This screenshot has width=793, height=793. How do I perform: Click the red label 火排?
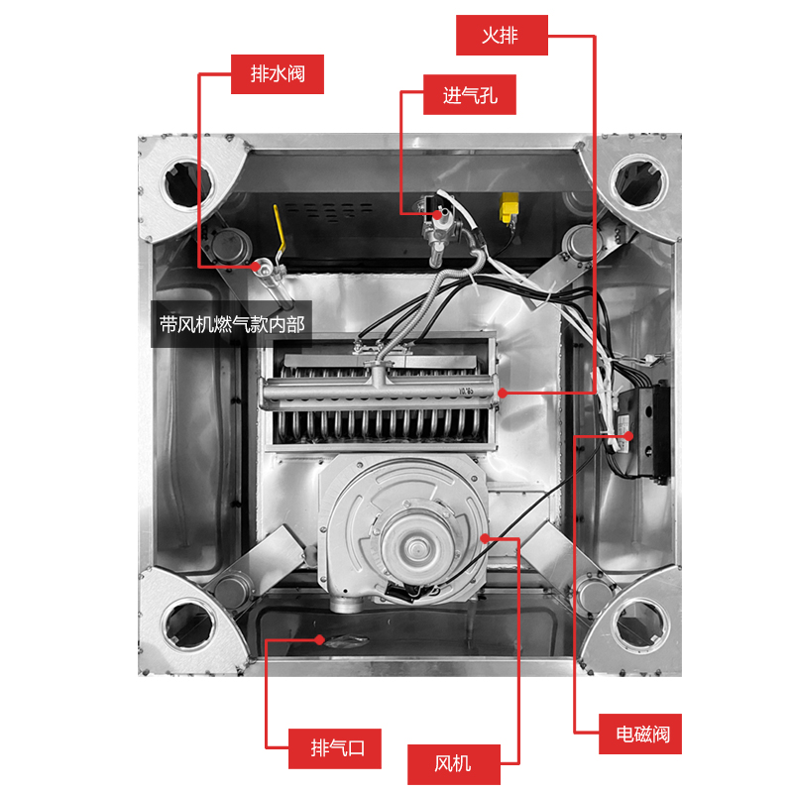point(501,36)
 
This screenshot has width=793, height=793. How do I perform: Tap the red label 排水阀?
point(278,73)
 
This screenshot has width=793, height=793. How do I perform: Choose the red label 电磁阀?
point(642,735)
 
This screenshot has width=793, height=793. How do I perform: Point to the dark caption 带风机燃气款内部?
point(232,324)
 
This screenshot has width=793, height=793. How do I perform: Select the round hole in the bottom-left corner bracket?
point(184,624)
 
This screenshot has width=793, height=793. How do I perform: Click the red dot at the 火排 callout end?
point(504,394)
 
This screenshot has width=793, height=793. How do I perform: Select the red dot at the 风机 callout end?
point(485,536)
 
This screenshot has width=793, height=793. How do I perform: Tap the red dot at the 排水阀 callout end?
point(264,265)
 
